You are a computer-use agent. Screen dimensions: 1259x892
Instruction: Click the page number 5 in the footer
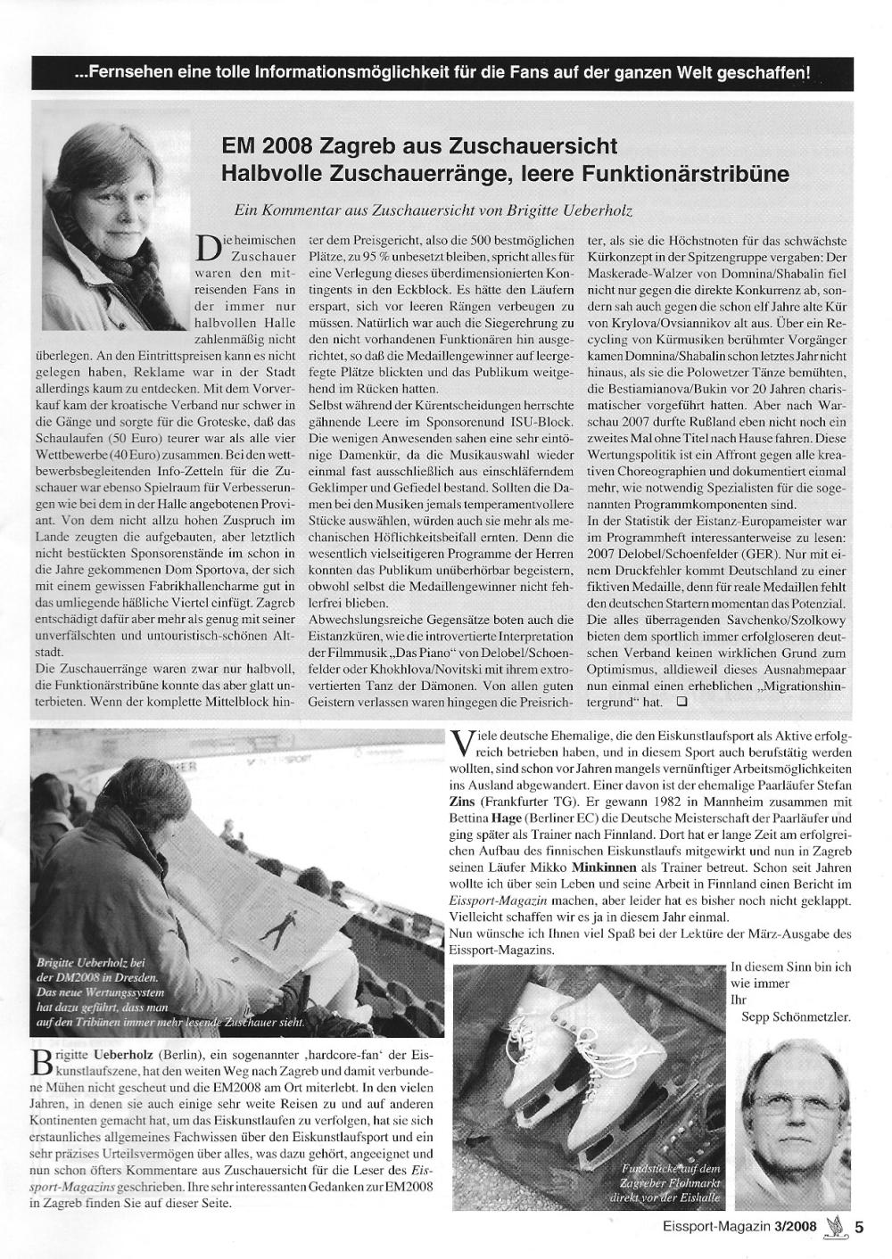[x=860, y=1226]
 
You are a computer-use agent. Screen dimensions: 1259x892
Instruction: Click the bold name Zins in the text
[x=467, y=800]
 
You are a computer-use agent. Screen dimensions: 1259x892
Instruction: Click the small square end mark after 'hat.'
[x=681, y=703]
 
